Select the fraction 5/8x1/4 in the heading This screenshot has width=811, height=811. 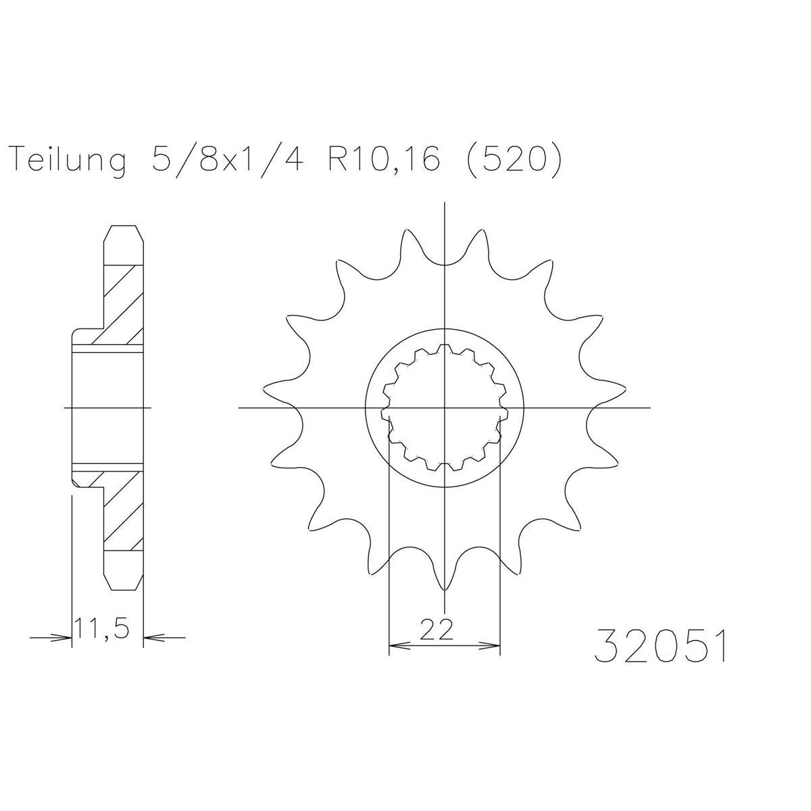(x=227, y=158)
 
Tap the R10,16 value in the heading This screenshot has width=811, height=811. (x=384, y=159)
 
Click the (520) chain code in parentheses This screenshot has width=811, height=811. (x=514, y=159)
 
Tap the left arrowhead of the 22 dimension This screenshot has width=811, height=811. (x=399, y=657)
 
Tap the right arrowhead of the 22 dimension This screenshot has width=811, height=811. (x=490, y=657)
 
